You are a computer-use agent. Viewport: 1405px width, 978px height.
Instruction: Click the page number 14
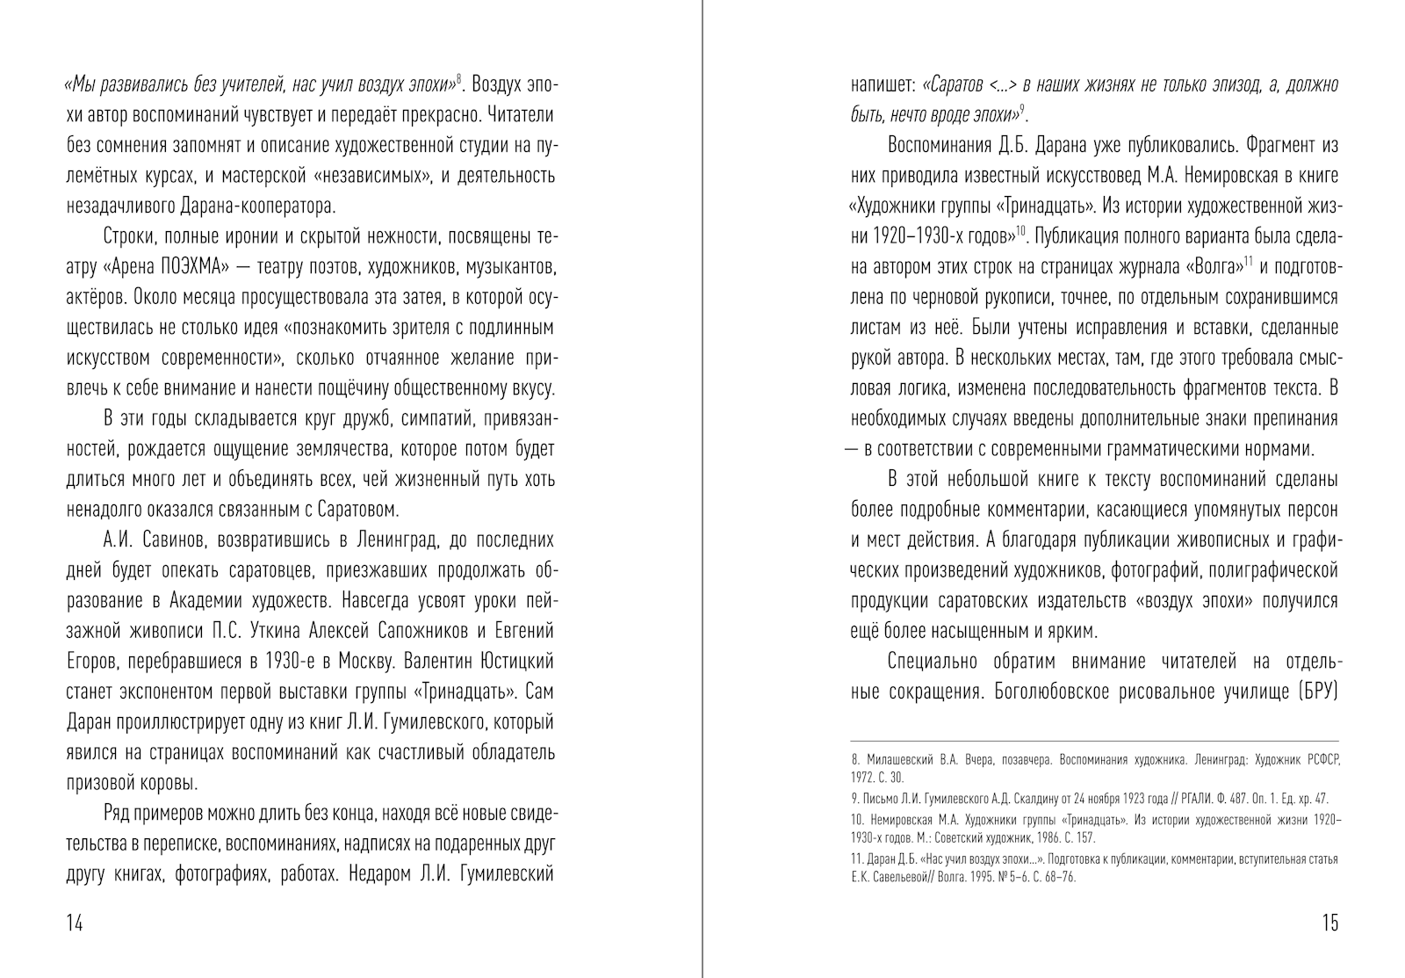pyautogui.click(x=75, y=923)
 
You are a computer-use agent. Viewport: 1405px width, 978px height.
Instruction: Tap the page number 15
pyautogui.click(x=1329, y=923)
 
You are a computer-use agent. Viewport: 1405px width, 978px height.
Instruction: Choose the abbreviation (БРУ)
pyautogui.click(x=1315, y=692)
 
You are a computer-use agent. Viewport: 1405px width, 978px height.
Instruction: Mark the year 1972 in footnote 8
pyautogui.click(x=864, y=778)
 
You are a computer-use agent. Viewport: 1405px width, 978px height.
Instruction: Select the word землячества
pyautogui.click(x=345, y=449)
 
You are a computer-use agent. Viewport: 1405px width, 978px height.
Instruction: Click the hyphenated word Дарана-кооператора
pyautogui.click(x=249, y=206)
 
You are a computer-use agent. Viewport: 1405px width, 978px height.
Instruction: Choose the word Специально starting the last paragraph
pyautogui.click(x=933, y=662)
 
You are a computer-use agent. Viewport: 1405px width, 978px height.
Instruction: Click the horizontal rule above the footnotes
pyautogui.click(x=1095, y=741)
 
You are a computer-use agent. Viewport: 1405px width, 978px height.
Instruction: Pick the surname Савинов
pyautogui.click(x=170, y=540)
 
